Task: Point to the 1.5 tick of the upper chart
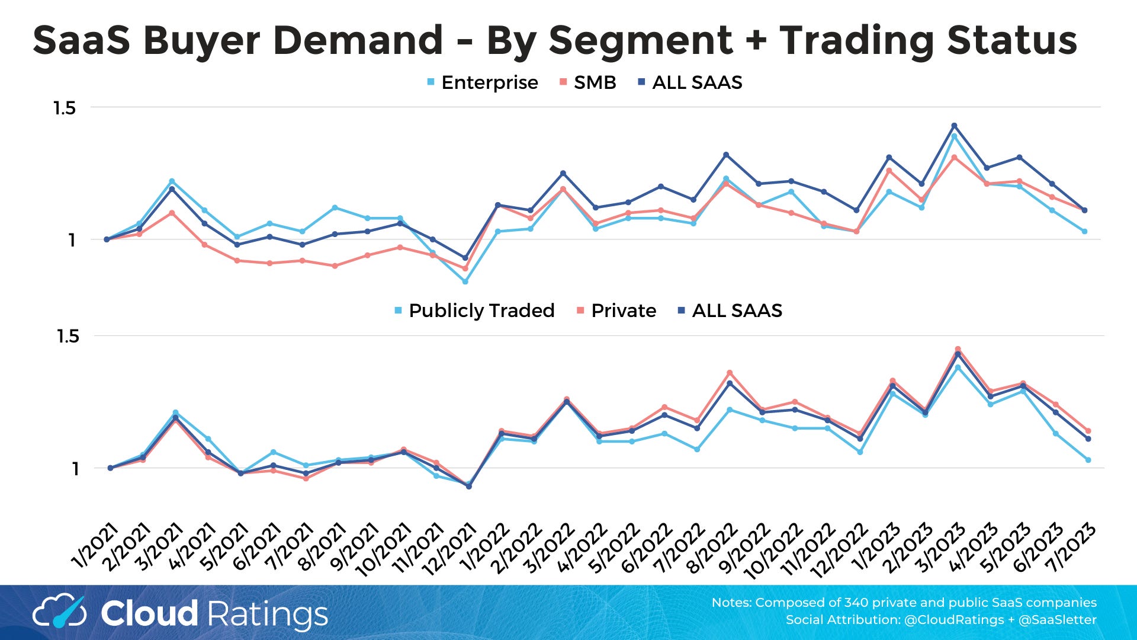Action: coord(65,108)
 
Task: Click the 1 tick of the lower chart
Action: coord(75,469)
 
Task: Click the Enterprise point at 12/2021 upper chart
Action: coord(465,281)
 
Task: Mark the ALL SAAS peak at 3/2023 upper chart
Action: coord(954,126)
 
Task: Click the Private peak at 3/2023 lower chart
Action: coord(958,349)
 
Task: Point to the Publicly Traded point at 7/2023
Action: coord(1088,460)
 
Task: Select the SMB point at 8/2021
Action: coord(335,266)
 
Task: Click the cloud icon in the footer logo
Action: coord(59,612)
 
